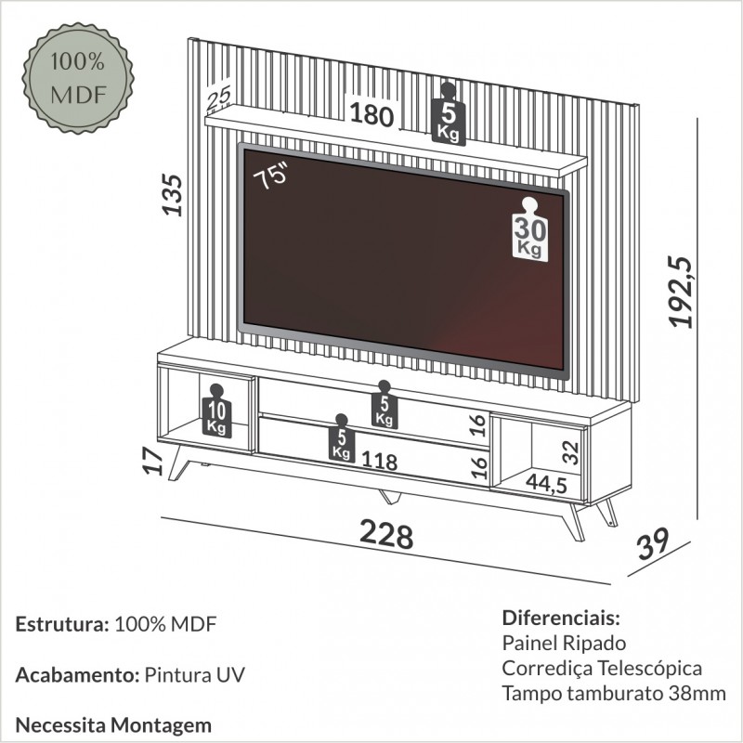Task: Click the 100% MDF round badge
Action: (x=78, y=78)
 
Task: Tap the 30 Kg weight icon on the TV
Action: (x=529, y=229)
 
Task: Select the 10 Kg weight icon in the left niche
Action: (x=216, y=411)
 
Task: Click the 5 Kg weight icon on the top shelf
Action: (x=449, y=113)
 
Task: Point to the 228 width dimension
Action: (x=386, y=535)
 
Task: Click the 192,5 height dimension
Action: (x=681, y=292)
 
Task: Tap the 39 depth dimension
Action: (x=654, y=543)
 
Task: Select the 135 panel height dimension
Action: (x=172, y=195)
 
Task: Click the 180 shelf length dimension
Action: (x=372, y=114)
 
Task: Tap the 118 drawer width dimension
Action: (x=379, y=461)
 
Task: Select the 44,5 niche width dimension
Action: (x=546, y=483)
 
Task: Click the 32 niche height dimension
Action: (x=572, y=453)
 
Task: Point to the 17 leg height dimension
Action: (x=152, y=462)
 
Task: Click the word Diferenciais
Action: (x=561, y=618)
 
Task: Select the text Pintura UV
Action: (x=194, y=675)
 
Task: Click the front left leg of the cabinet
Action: (x=179, y=463)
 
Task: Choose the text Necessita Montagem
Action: (x=113, y=725)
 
